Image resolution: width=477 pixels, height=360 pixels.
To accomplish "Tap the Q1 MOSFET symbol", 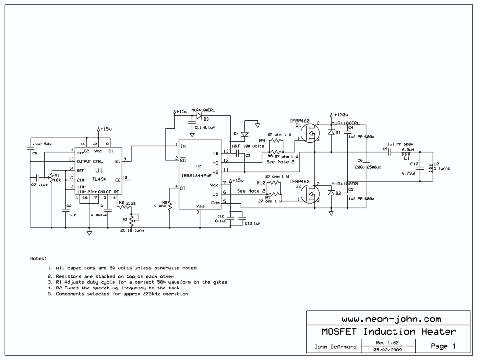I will tap(311, 134).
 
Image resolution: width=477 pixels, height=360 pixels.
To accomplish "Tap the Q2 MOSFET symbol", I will tap(311, 193).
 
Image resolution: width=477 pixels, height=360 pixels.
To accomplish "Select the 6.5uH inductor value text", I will tap(408, 150).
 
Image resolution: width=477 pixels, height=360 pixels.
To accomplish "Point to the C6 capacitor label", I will tap(360, 160).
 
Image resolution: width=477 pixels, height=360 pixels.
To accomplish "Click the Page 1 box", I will tap(443, 346).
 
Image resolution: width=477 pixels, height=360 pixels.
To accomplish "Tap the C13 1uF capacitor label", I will tap(252, 223).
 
